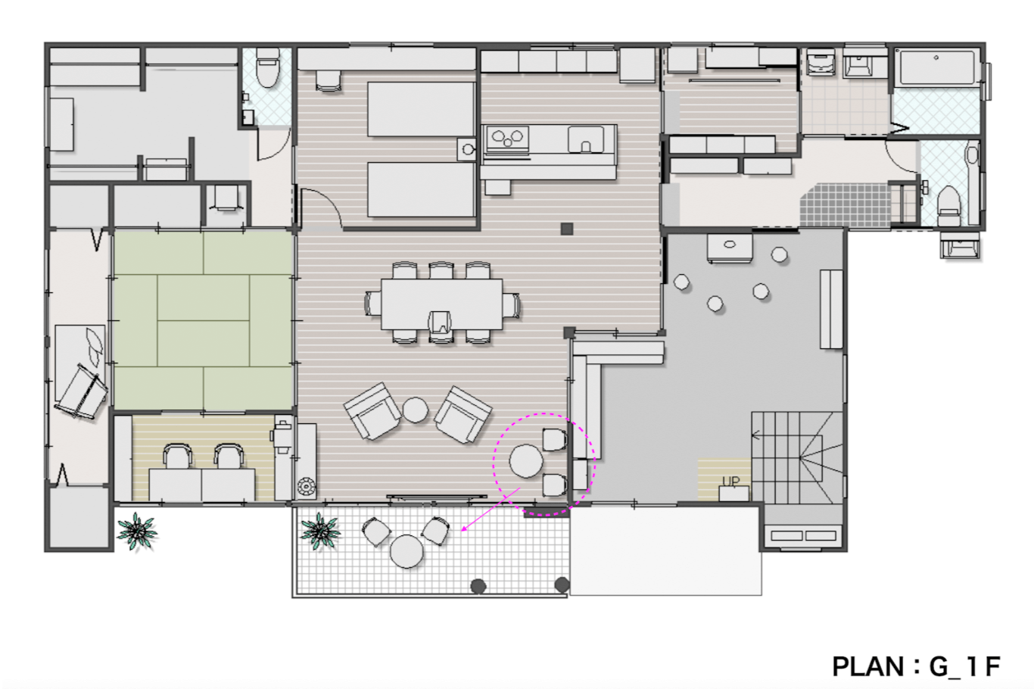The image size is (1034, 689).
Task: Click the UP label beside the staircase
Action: (x=730, y=482)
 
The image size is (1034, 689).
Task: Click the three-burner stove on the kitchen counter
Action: (x=507, y=138)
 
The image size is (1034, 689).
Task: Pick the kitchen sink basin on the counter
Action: (x=586, y=139)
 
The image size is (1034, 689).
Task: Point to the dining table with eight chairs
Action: (x=441, y=304)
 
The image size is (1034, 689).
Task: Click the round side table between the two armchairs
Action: (x=415, y=410)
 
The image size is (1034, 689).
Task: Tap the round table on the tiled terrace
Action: (x=406, y=551)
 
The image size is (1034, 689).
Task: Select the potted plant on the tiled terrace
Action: (x=320, y=531)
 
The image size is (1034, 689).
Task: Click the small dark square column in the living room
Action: (x=567, y=229)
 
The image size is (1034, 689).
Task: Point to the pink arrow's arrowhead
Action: (x=463, y=529)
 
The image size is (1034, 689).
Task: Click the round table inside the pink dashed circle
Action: (x=526, y=461)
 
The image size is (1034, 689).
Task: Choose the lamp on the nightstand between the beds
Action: (x=469, y=149)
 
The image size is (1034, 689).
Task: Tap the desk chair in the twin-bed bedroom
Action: (x=329, y=81)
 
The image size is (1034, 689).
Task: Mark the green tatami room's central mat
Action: (x=204, y=320)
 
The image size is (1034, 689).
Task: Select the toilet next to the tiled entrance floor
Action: (x=949, y=206)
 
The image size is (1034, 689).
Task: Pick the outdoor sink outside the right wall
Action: (x=960, y=245)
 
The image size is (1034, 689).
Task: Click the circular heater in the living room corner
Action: (x=306, y=487)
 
